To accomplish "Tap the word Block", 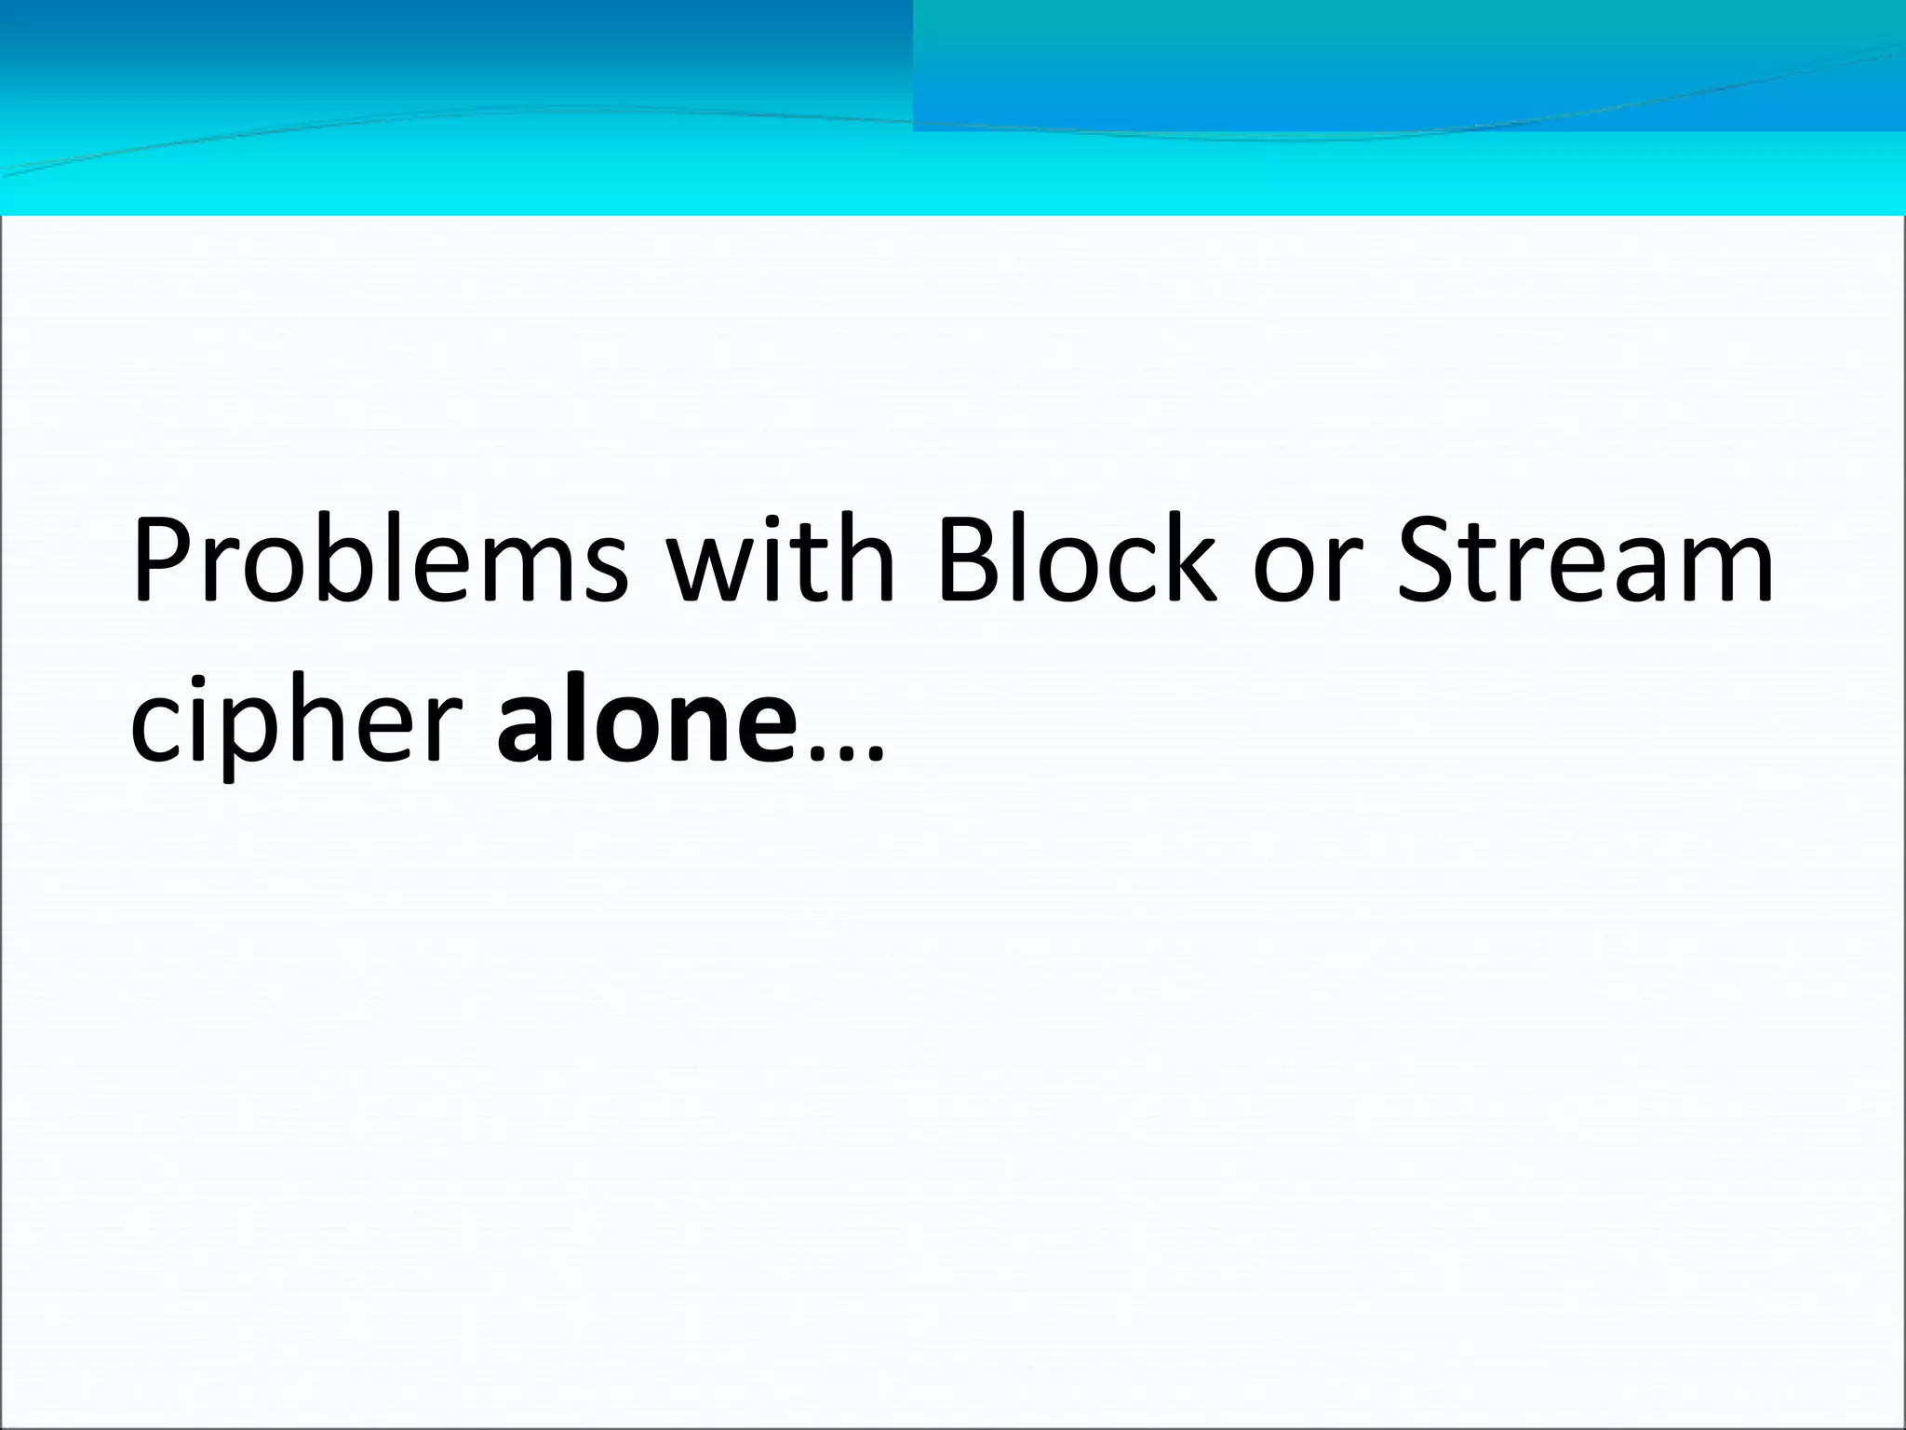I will [x=1078, y=559].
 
